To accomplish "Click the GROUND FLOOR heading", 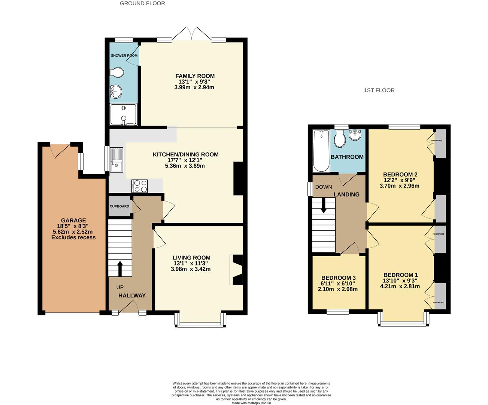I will [142, 3].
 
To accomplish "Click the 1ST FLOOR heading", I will [379, 90].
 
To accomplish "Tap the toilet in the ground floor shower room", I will [117, 72].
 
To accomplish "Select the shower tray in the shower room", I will [123, 114].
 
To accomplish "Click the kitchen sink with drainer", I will [116, 159].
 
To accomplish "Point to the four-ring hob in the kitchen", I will [139, 186].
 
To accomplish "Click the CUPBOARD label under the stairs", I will [119, 206].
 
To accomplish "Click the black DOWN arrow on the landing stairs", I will [323, 206].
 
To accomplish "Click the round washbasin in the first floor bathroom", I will [355, 135].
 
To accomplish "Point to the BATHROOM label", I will [347, 157].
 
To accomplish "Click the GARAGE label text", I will [73, 220].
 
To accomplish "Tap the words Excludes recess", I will [73, 237].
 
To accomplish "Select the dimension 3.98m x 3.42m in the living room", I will [191, 269].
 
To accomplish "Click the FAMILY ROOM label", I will [195, 76].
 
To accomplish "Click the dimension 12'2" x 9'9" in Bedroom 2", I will [400, 180].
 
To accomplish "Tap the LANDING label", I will [346, 194].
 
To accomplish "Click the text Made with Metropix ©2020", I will [251, 403].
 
